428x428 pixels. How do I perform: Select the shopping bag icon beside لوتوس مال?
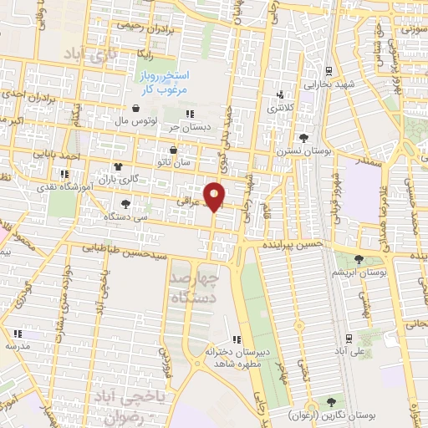(x=136, y=108)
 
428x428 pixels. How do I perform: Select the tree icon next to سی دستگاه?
(x=125, y=202)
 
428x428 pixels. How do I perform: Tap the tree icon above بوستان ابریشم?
(x=359, y=260)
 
